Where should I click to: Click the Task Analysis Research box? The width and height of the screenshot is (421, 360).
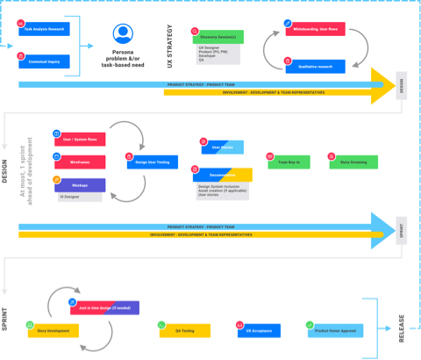(x=46, y=28)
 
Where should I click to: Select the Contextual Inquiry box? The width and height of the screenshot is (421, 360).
(x=46, y=61)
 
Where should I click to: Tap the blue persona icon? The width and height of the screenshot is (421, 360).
(x=123, y=33)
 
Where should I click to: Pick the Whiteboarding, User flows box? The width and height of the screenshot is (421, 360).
(x=315, y=29)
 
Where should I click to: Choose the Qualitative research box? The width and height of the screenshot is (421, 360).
(x=315, y=66)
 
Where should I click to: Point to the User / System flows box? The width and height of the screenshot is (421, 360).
(x=80, y=140)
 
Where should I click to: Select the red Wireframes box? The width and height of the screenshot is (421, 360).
(x=80, y=162)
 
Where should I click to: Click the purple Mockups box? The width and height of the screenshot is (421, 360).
(x=80, y=185)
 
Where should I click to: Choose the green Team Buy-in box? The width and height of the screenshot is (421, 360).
(x=289, y=162)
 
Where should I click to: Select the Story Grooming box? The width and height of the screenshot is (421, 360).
(x=353, y=162)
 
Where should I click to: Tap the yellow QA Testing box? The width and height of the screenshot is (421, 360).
(x=185, y=331)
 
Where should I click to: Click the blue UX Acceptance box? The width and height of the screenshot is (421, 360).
(x=260, y=331)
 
